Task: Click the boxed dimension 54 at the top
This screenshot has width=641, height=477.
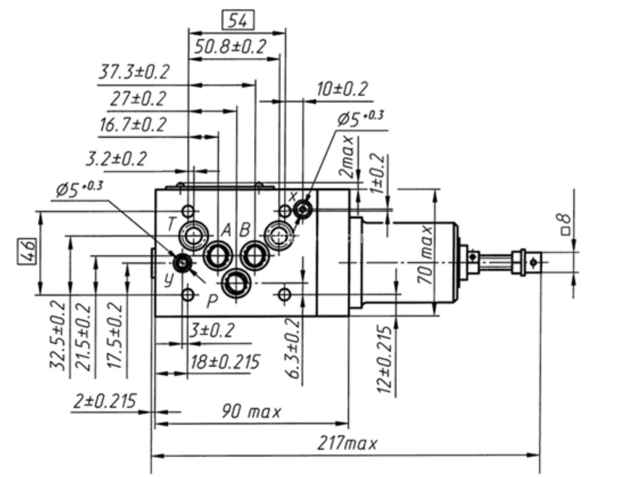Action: pyautogui.click(x=238, y=20)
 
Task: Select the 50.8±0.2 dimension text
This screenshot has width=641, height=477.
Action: pyautogui.click(x=230, y=47)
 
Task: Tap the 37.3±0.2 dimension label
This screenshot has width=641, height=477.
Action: pyautogui.click(x=134, y=72)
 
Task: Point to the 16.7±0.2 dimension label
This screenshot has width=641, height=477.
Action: pyautogui.click(x=133, y=125)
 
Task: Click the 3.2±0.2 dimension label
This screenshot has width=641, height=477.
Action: pyautogui.click(x=116, y=159)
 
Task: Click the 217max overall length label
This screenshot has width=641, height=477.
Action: pyautogui.click(x=347, y=444)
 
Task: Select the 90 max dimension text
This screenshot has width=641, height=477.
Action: pyautogui.click(x=251, y=411)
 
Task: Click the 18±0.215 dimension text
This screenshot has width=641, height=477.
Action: pyautogui.click(x=225, y=362)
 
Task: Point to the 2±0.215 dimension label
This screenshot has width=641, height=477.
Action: pyautogui.click(x=105, y=401)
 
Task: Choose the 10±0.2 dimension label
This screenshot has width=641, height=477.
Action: pyautogui.click(x=342, y=89)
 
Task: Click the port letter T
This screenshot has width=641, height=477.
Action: pyautogui.click(x=171, y=224)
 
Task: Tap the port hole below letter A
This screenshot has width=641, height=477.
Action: pyautogui.click(x=218, y=256)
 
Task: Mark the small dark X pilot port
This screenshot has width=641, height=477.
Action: pyautogui.click(x=303, y=210)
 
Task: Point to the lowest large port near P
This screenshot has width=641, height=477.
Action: pyautogui.click(x=236, y=283)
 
